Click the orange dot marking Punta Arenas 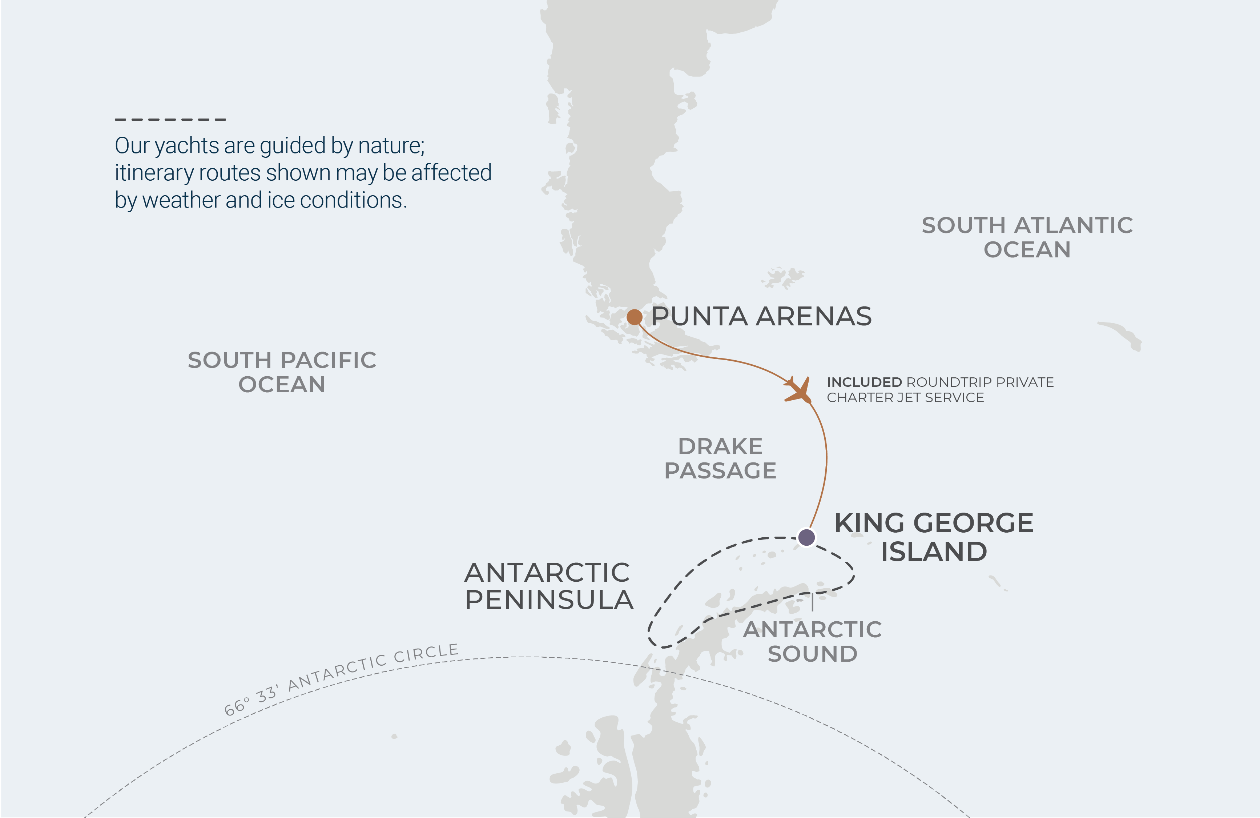(x=634, y=317)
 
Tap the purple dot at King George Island (x=806, y=537)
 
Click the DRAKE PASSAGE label (x=720, y=458)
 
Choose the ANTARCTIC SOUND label (x=812, y=642)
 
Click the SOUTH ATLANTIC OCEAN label (x=1027, y=237)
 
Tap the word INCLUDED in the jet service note (x=864, y=382)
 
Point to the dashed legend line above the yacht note (x=170, y=120)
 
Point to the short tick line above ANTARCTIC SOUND (x=812, y=602)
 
